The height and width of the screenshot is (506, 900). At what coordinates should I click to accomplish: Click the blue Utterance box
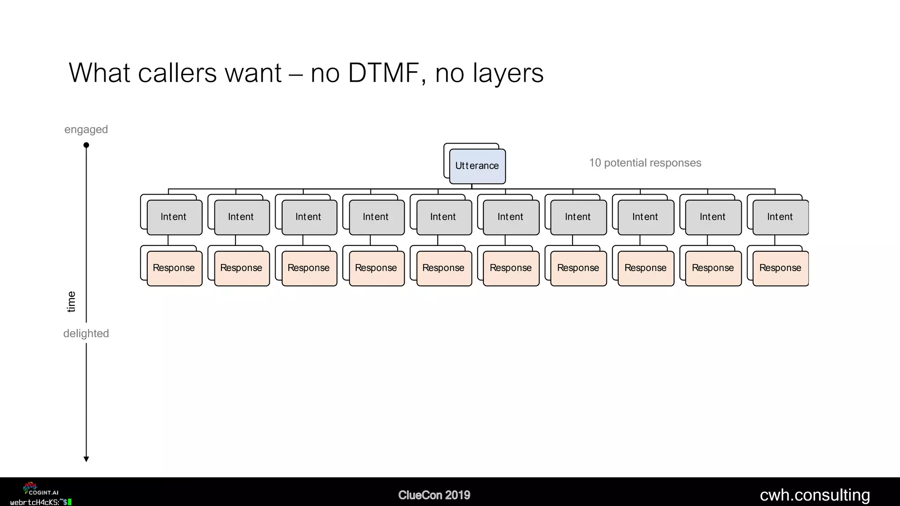(477, 166)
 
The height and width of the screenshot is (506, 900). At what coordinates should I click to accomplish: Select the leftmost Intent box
(174, 217)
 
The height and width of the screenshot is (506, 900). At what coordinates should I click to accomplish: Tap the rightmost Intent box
(780, 217)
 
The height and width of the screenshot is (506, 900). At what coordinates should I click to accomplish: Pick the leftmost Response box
(174, 268)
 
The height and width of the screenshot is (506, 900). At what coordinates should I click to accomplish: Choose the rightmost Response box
(780, 268)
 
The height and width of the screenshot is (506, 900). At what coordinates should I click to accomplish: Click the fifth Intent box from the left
(443, 217)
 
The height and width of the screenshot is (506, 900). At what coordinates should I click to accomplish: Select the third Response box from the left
(309, 268)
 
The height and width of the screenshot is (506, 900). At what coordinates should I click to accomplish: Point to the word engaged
(86, 130)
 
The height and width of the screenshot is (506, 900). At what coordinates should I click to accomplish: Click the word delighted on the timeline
(86, 333)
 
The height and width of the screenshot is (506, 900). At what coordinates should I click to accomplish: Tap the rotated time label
(71, 302)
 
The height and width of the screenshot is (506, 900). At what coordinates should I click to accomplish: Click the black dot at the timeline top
(86, 145)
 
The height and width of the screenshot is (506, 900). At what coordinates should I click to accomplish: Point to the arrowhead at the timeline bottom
(86, 459)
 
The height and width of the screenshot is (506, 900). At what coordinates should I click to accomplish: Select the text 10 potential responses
(645, 163)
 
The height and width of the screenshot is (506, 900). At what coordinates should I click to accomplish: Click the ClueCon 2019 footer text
(434, 495)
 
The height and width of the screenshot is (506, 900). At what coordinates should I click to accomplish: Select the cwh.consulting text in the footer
(815, 495)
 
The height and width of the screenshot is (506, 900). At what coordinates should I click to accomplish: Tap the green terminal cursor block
(70, 502)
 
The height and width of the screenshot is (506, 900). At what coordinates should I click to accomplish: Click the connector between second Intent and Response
(236, 240)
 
